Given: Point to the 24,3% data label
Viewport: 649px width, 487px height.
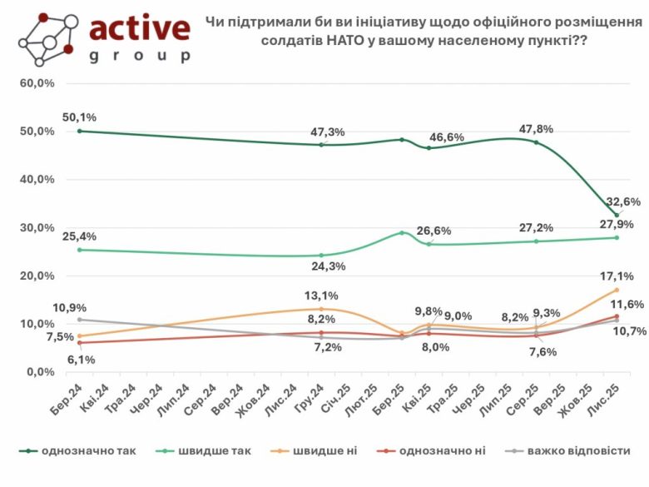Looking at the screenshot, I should (327, 266).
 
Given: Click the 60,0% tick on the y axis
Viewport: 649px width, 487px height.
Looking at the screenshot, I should (38, 83).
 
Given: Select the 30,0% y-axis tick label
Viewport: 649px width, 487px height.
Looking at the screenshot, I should (38, 227).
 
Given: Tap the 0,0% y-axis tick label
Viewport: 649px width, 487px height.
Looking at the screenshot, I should (42, 371).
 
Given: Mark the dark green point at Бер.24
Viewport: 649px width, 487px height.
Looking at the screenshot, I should (80, 131).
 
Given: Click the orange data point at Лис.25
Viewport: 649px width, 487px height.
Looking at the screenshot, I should (617, 290).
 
